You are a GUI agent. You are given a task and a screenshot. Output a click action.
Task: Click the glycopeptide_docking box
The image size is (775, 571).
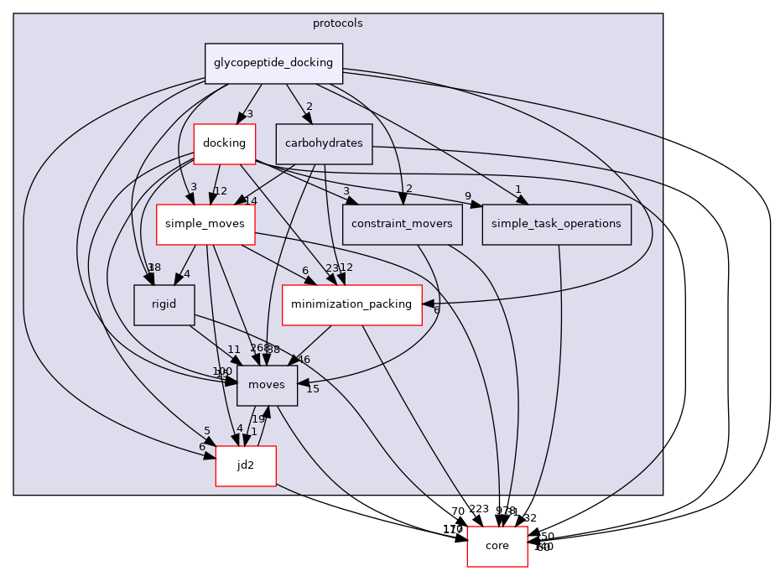[x=273, y=63]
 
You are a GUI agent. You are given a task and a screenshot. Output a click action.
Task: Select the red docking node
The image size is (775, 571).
[x=224, y=143]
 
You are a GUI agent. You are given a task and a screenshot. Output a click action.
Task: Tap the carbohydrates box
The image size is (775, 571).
[x=324, y=143]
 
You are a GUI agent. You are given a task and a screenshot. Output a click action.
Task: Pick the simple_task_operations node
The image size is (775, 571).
[x=556, y=224]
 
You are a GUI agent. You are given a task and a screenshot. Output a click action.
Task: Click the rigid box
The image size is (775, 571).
[x=164, y=304]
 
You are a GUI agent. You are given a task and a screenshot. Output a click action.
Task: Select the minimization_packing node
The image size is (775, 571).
[x=351, y=304]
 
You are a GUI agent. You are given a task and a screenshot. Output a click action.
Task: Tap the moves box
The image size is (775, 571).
[x=268, y=385]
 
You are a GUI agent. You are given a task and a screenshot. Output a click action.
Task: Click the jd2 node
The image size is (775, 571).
[x=246, y=465]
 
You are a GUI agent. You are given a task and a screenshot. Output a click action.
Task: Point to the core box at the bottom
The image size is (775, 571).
[x=497, y=546]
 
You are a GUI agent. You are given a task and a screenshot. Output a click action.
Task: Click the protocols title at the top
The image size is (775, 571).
[x=338, y=23]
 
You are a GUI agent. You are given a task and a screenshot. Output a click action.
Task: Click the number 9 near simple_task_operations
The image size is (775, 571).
[x=466, y=197]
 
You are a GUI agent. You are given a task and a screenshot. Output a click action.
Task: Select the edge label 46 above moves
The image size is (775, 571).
[x=304, y=360]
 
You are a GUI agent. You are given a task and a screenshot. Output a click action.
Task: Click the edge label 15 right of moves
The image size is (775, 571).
[x=312, y=389]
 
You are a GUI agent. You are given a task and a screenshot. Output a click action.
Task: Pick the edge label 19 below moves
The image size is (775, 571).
[x=259, y=419]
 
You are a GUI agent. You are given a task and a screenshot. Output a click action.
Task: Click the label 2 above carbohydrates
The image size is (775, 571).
[x=309, y=106]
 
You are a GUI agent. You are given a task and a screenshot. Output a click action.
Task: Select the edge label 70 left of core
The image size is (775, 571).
[x=457, y=511]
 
